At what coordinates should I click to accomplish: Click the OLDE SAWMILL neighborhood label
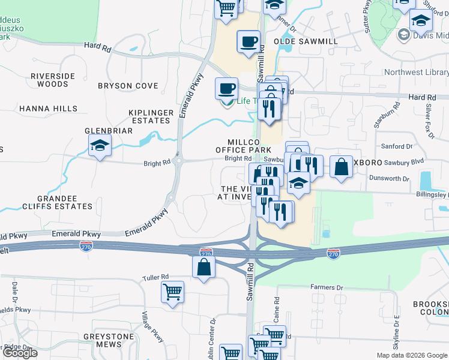point(306,41)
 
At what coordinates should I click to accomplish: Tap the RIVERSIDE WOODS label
point(53,80)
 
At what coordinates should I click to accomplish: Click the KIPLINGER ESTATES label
point(151,117)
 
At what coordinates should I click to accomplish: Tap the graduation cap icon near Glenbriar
point(100,145)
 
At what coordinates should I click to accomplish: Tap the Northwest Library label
point(415,72)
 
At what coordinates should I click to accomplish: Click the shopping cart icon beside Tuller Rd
point(173,292)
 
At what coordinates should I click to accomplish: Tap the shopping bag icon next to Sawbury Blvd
point(341,167)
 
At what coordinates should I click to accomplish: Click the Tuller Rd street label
point(155,277)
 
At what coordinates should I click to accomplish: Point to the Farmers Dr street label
point(326,287)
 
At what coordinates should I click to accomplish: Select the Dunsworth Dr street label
point(390,179)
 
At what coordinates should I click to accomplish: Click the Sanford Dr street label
point(397,146)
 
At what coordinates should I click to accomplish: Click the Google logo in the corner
point(20,353)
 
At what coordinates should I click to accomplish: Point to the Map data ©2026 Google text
point(411,355)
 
